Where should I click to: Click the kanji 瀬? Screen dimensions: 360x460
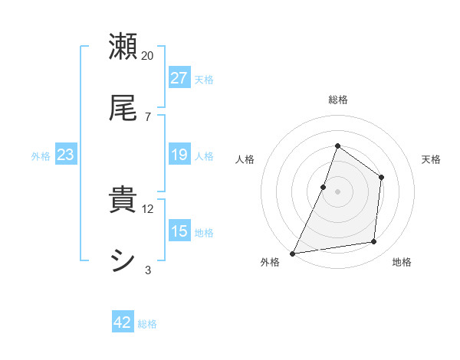coord(123,47)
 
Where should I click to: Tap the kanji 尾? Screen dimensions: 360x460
coord(123,108)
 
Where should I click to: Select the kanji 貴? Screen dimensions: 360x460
coord(123,201)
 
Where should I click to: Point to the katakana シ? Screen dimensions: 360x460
coord(123,261)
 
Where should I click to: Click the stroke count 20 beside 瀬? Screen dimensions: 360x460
coord(148,56)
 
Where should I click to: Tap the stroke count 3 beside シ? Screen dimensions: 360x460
coord(148,270)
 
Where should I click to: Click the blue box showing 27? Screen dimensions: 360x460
coord(179,77)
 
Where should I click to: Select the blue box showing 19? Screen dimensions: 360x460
coord(179,155)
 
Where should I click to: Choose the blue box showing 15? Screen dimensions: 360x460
coord(179,231)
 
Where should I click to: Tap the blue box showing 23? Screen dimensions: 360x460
coord(66,155)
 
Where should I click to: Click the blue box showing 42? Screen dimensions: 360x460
coord(123,322)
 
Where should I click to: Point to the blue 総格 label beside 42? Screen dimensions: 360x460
coord(147,324)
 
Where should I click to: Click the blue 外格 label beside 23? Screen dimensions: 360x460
coord(41,155)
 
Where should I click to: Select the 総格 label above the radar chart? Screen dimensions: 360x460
coord(338,100)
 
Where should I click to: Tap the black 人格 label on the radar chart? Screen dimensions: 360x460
coord(245,159)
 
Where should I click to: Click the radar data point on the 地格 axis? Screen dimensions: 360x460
coord(374,242)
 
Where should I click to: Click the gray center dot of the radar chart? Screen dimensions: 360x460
coord(338,191)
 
